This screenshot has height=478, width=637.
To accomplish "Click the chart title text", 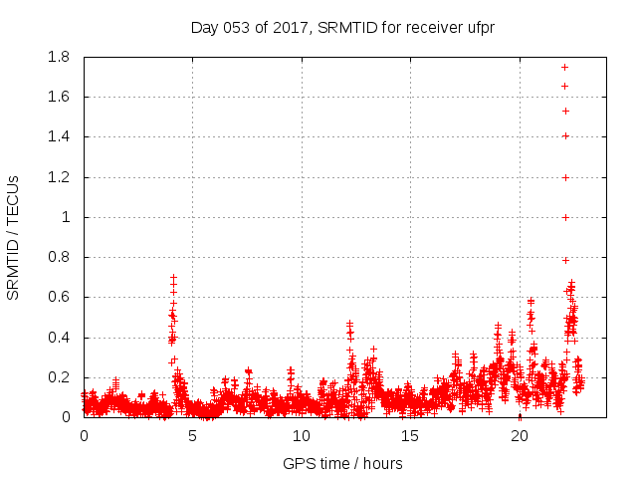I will coord(342,27).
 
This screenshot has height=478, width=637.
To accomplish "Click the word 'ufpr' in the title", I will coord(480,27).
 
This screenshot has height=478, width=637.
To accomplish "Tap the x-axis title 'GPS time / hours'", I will coord(342,463).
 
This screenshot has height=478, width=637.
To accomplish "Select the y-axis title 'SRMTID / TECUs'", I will coord(14,237).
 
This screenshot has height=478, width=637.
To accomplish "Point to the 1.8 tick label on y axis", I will coord(57,57).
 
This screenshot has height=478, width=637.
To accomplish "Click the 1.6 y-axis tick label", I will coord(57,97).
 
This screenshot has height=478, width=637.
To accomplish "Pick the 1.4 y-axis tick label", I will coord(57,136).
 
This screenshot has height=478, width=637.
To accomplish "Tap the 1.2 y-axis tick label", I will coord(57,177).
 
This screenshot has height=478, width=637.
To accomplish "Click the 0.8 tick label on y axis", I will coord(57,257).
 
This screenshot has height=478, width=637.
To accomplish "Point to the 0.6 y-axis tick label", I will coord(57,297).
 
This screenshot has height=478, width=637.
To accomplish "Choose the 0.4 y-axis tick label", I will coord(57,338).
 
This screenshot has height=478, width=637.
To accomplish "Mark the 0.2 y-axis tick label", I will coord(57,377).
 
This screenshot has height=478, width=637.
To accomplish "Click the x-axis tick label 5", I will coord(193,435).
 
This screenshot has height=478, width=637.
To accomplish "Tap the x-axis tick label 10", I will coord(302,435).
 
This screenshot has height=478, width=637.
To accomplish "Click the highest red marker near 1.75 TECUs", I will coord(564,67).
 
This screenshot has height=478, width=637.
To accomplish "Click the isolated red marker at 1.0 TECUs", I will coord(565,217).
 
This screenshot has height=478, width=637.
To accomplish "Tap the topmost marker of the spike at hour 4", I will coord(173,278).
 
